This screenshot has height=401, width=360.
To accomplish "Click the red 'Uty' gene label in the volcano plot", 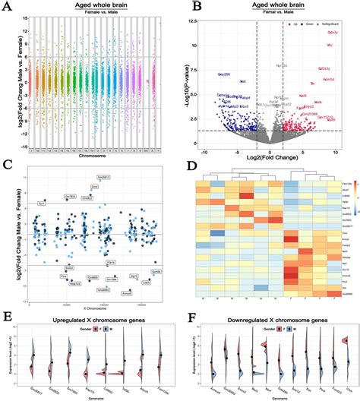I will (x=329, y=46).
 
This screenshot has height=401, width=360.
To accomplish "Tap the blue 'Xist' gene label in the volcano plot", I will (x=242, y=81).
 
